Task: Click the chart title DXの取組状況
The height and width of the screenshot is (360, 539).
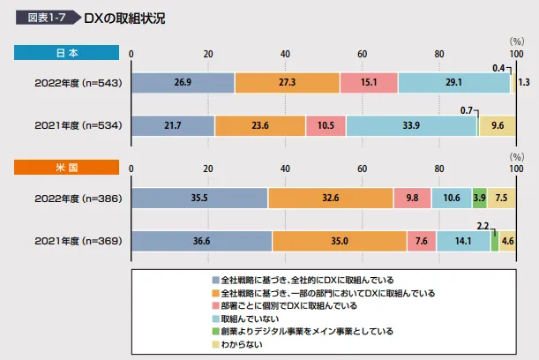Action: click(127, 18)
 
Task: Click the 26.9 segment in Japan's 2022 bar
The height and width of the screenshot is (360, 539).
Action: click(183, 83)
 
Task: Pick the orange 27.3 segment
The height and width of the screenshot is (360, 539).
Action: click(287, 83)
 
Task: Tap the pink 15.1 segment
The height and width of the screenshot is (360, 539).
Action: click(369, 83)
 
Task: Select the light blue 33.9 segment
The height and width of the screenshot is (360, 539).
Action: click(411, 125)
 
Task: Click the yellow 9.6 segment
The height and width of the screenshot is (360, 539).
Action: click(497, 125)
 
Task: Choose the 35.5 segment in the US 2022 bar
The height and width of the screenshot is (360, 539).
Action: click(199, 198)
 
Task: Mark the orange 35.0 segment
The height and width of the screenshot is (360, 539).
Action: click(340, 240)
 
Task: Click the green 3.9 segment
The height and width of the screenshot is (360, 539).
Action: click(479, 198)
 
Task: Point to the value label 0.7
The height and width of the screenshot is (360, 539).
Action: click(468, 110)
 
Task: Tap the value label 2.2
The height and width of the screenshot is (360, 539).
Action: click(483, 226)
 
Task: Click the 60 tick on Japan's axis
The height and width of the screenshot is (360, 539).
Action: click(362, 54)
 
